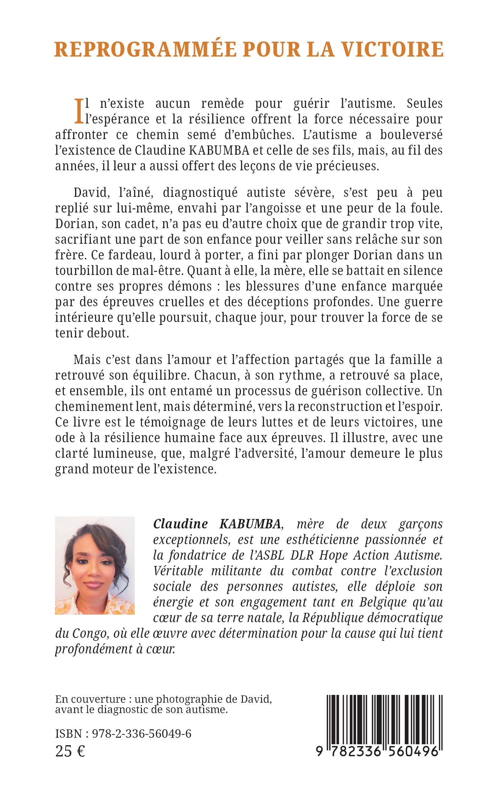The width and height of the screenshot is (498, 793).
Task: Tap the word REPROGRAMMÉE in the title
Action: click(145, 49)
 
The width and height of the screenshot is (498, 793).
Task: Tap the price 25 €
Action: click(70, 751)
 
